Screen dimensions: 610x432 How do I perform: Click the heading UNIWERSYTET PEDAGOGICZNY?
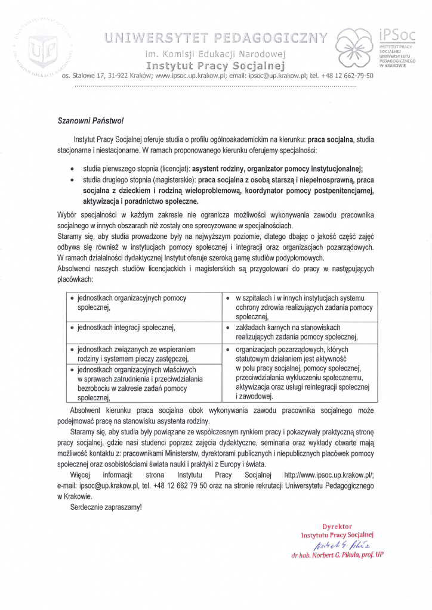(x=216, y=39)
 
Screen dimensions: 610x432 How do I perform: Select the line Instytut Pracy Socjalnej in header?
(x=216, y=64)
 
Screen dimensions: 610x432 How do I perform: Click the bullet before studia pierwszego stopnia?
(x=73, y=169)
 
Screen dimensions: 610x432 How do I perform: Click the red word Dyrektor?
(x=337, y=527)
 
